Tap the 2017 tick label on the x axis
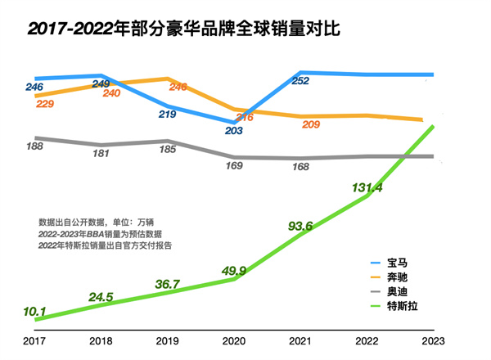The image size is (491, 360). click(35, 340)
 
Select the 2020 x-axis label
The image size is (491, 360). click(234, 340)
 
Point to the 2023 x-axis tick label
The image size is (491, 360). click(433, 340)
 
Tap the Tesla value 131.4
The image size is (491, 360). click(367, 187)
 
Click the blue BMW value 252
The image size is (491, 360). click(300, 80)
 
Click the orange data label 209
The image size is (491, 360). click(311, 124)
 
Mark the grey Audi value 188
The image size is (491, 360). click(35, 146)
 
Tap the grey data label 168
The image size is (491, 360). click(300, 167)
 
